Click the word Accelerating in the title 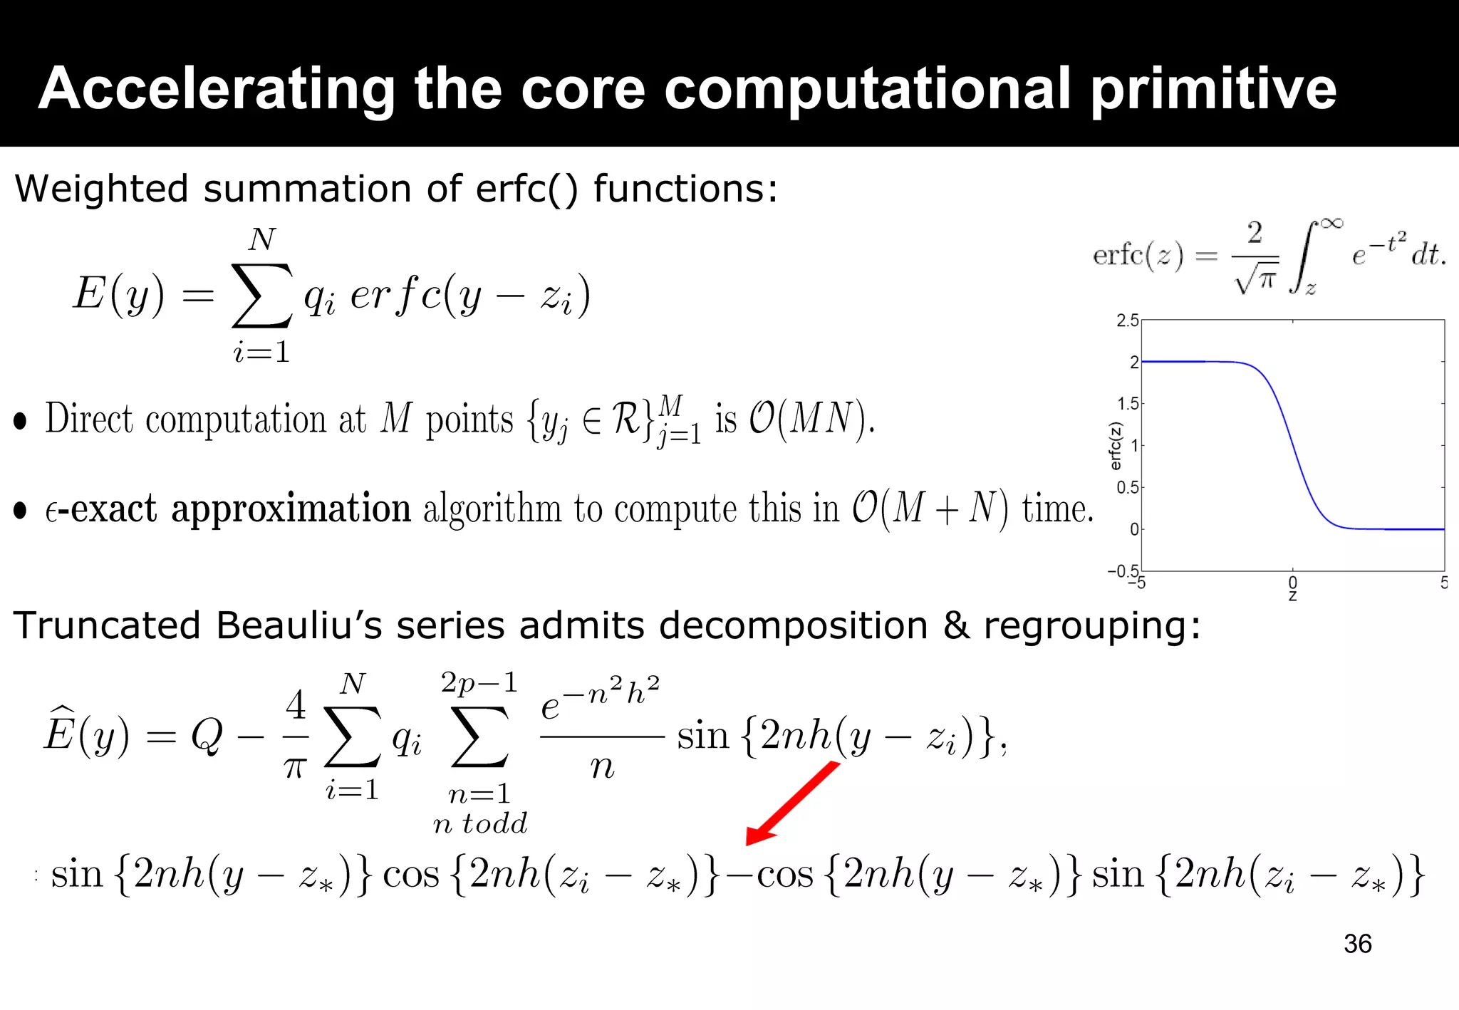(216, 89)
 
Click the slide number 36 (1357, 944)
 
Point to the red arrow (793, 803)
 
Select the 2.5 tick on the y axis (1127, 321)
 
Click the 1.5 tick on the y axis (1127, 404)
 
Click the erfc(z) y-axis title (1116, 446)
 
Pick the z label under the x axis (1292, 596)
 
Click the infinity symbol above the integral (1331, 224)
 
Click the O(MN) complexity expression (811, 418)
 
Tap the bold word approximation (291, 509)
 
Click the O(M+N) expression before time (930, 509)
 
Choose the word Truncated (107, 625)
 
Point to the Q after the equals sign (207, 735)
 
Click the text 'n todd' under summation (480, 823)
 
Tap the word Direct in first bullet (89, 419)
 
